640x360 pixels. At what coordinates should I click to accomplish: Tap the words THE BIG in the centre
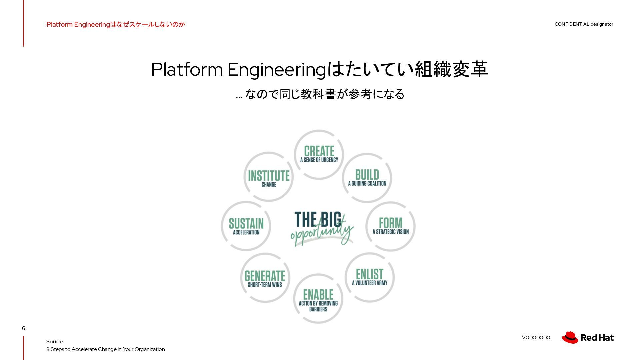[x=318, y=219]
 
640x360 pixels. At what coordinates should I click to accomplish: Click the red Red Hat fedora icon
[x=570, y=337]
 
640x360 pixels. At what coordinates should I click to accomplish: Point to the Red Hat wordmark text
[x=597, y=338]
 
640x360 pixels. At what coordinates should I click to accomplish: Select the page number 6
[x=23, y=328]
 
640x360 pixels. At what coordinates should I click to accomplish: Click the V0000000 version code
[x=536, y=338]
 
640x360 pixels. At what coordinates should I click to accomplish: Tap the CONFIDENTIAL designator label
[x=584, y=24]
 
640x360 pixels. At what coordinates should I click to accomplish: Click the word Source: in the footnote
[x=55, y=342]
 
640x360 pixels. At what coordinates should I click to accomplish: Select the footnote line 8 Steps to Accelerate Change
[x=106, y=349]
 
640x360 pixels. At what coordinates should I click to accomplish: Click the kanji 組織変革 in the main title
[x=452, y=69]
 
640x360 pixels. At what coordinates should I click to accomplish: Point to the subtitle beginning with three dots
[x=320, y=94]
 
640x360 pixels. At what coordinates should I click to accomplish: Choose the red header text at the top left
[x=116, y=24]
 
